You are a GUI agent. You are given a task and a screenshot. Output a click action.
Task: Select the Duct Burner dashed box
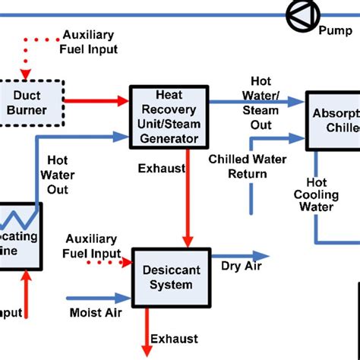pyautogui.click(x=30, y=103)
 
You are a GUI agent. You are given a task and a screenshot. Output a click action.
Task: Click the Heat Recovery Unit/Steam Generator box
pyautogui.click(x=168, y=116)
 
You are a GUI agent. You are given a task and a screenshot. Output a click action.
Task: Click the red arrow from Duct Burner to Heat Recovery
pyautogui.click(x=96, y=99)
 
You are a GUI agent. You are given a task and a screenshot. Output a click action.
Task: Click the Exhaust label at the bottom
pyautogui.click(x=174, y=339)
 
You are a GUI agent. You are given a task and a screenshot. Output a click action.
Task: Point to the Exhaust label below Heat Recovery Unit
pyautogui.click(x=161, y=168)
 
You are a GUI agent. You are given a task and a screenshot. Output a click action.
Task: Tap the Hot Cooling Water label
pyautogui.click(x=317, y=195)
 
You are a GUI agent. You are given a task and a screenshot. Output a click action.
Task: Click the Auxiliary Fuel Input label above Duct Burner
pyautogui.click(x=90, y=43)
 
